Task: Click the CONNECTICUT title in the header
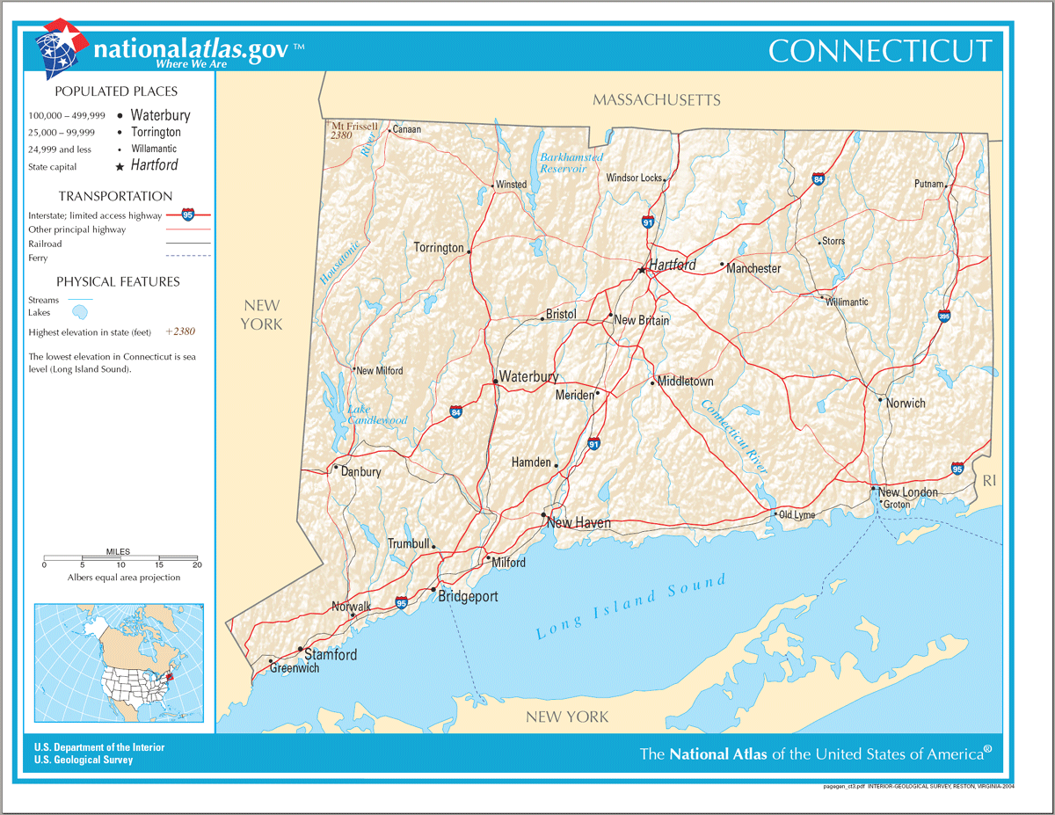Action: (880, 51)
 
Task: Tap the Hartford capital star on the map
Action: (642, 271)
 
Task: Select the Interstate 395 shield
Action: (944, 316)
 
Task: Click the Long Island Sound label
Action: (631, 606)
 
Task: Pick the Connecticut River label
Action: (734, 436)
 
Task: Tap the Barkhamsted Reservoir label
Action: (571, 162)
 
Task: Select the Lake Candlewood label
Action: (377, 415)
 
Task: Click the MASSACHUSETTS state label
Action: (656, 100)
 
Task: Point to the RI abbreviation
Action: (990, 480)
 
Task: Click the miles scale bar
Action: (120, 558)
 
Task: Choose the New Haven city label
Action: (578, 523)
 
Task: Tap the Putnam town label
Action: (928, 185)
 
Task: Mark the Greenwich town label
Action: (295, 668)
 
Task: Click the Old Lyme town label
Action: (797, 514)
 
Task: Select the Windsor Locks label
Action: (634, 178)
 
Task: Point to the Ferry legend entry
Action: (38, 258)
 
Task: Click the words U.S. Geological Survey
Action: (84, 760)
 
